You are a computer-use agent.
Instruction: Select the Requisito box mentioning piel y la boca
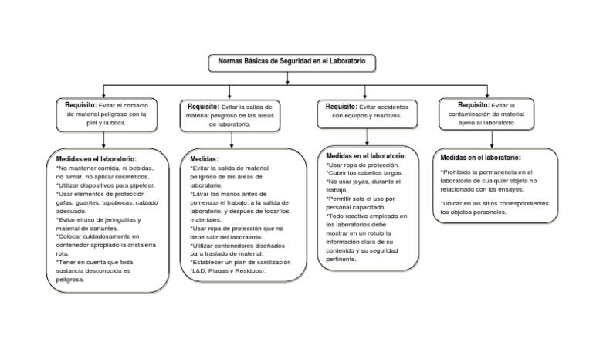pos(107,113)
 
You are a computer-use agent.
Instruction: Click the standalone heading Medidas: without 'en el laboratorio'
pos(204,158)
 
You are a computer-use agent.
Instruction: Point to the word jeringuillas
pos(126,221)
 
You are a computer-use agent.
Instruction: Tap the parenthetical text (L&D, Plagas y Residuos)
pos(229,271)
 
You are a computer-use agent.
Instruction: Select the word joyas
pos(362,182)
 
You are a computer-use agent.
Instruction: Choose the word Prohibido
pos(459,172)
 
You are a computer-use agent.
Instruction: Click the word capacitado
pos(371,207)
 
